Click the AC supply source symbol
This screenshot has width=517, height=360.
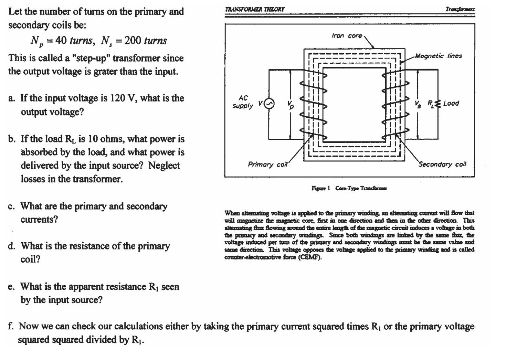coord(269,104)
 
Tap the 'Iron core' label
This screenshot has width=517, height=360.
coord(347,36)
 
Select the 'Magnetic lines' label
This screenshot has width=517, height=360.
coord(438,56)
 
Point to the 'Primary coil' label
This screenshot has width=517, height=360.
coord(267,165)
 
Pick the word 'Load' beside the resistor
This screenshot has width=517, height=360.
coord(451,103)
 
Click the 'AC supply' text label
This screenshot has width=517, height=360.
coord(243,102)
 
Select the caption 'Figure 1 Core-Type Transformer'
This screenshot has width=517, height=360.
coord(349,188)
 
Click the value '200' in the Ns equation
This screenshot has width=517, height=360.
coord(133,41)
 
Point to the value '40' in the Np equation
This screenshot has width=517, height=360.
coord(61,41)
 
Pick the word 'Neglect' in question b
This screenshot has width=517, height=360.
coord(164,166)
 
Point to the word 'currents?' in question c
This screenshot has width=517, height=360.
coord(39,220)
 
